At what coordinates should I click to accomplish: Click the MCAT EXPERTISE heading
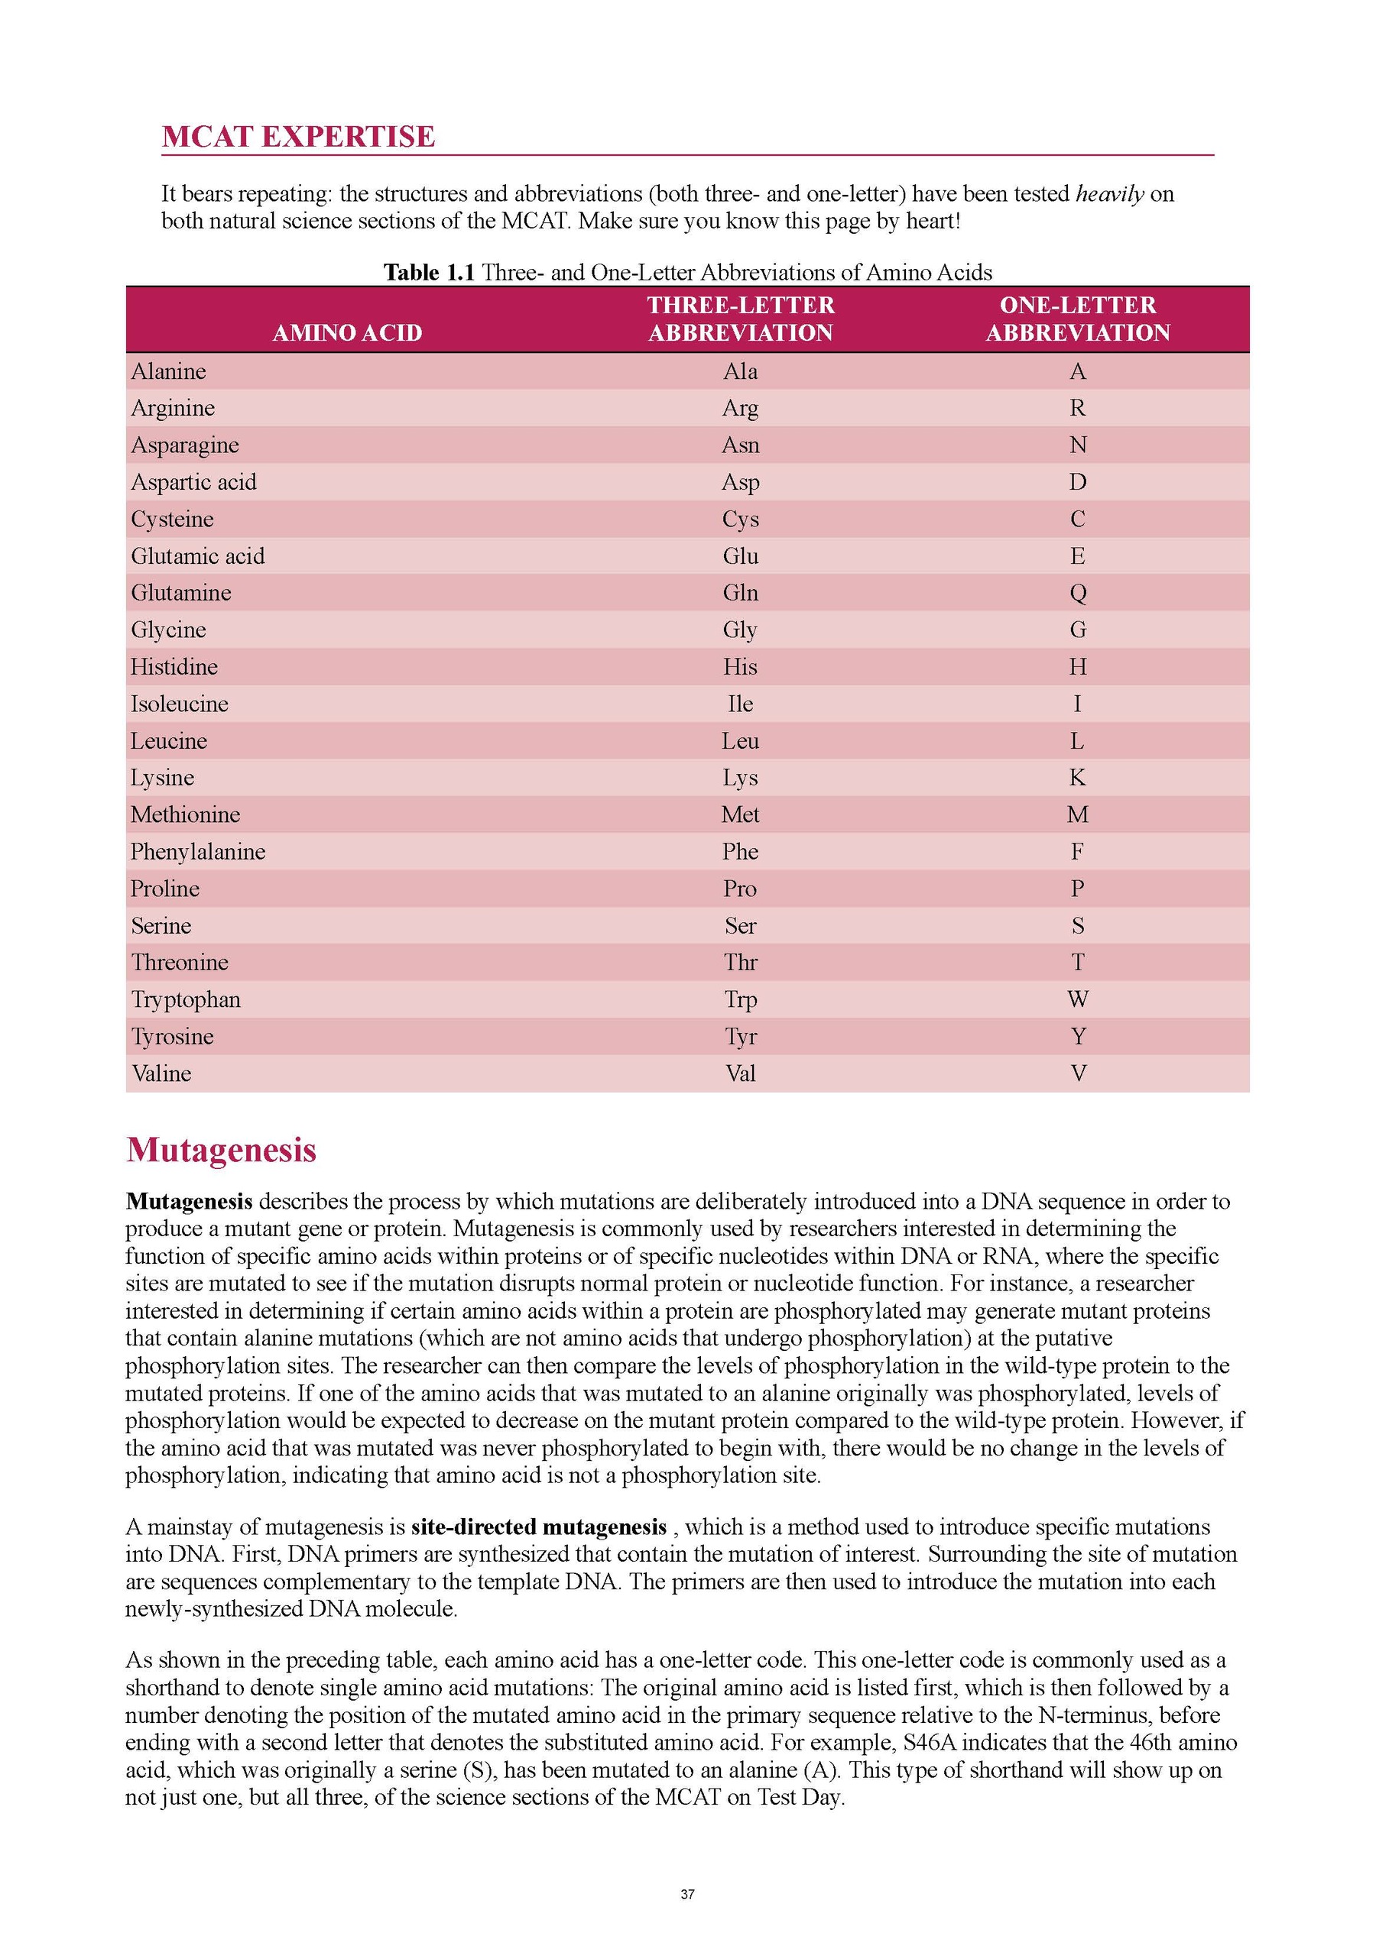[297, 137]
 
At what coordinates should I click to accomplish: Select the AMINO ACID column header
[347, 332]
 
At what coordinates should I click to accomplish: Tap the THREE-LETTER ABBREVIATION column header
[740, 319]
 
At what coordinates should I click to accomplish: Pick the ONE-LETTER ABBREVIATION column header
[1077, 319]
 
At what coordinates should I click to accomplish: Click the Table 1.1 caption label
[428, 272]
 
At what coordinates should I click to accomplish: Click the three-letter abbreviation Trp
[740, 999]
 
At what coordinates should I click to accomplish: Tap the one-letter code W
[1078, 999]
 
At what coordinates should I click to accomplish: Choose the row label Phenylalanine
[197, 852]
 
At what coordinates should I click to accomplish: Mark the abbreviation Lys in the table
[740, 777]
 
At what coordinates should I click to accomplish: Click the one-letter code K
[1078, 777]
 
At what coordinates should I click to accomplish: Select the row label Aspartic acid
[193, 482]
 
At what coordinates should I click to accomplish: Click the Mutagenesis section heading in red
[221, 1150]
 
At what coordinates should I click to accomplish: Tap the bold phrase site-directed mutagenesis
[538, 1527]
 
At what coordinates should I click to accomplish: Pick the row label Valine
[161, 1074]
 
